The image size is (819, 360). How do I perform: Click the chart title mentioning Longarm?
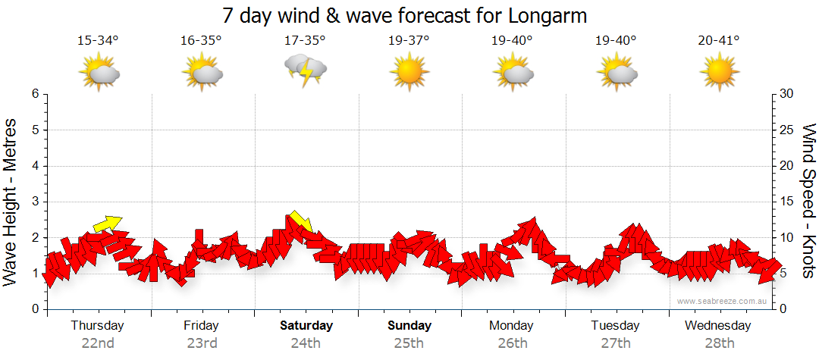[405, 15]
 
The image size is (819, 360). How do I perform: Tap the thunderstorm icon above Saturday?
[305, 70]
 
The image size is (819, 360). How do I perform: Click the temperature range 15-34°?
[98, 40]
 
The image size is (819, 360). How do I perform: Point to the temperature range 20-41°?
[719, 40]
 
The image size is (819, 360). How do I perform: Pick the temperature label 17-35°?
[305, 40]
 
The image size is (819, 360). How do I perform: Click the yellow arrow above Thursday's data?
[107, 224]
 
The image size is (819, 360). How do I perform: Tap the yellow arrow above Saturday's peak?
[301, 221]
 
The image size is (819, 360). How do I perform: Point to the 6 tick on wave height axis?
[34, 94]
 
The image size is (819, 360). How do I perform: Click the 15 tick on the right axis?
[788, 202]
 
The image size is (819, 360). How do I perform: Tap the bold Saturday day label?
[306, 326]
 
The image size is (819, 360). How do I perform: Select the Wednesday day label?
[717, 326]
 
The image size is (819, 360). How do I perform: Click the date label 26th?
[513, 343]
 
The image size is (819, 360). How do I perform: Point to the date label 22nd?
[98, 343]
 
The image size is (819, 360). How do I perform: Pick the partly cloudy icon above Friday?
[202, 74]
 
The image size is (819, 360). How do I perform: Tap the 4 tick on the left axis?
[34, 166]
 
